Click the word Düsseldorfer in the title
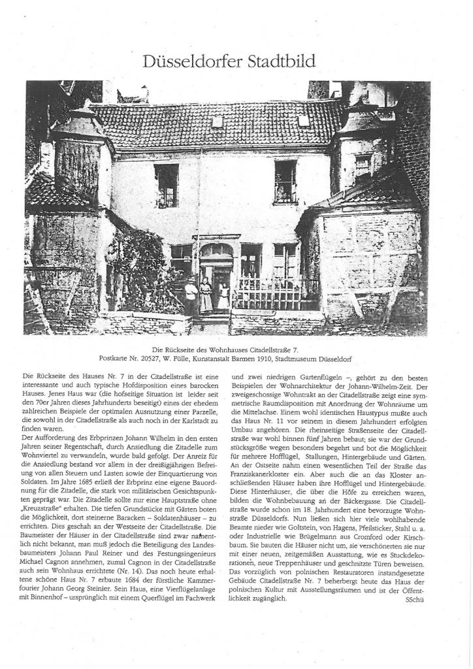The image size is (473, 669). click(x=190, y=61)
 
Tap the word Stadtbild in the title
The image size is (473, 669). click(x=282, y=61)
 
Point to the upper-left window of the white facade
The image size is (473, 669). click(x=166, y=185)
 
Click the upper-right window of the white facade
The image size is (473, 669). click(x=285, y=182)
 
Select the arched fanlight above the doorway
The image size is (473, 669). click(x=217, y=251)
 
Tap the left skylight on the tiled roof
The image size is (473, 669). click(x=218, y=122)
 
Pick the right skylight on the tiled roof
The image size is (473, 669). click(x=303, y=120)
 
